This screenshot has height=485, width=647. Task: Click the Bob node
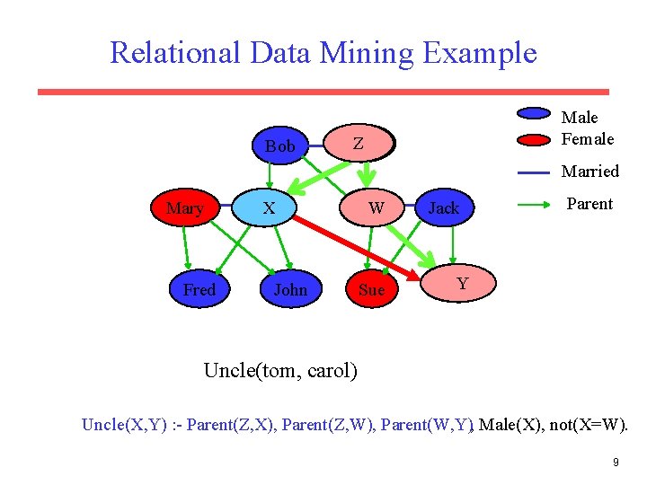pos(279,145)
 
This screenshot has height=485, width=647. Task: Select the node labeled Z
pos(359,143)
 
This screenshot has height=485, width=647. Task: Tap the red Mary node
pos(185,208)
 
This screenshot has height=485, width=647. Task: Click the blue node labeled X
pos(269,208)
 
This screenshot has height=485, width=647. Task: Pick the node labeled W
pos(377,208)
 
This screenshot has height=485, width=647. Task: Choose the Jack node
pos(443,208)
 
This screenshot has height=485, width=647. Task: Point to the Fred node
pos(199,289)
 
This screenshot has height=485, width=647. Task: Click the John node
pos(289,289)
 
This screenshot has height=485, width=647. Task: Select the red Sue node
pos(371,289)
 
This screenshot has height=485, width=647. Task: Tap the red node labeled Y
pos(462,284)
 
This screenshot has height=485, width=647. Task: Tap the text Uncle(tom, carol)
pos(280,370)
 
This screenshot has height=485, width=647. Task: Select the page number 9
pos(616,463)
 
